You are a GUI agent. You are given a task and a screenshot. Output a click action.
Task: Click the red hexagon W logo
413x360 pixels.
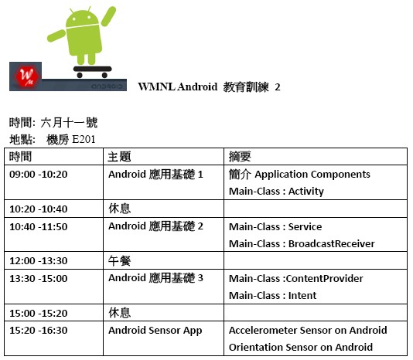[x=27, y=76]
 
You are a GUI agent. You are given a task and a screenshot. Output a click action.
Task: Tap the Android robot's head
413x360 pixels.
[x=82, y=19]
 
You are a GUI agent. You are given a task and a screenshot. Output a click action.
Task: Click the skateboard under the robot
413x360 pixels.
[x=92, y=72]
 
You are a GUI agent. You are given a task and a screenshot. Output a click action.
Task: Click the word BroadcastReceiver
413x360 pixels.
[x=332, y=243]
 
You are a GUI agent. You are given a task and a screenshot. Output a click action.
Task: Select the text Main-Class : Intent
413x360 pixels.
[x=272, y=296]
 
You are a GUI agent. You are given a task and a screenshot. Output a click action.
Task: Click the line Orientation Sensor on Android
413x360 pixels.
[x=301, y=348]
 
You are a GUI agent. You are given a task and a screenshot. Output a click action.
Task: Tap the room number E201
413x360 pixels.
[x=84, y=139]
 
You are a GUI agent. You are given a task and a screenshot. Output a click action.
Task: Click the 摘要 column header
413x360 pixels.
[x=240, y=157]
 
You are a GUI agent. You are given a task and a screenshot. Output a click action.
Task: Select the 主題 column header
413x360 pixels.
[x=119, y=157]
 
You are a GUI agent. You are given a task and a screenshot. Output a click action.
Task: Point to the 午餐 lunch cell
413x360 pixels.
[x=119, y=261]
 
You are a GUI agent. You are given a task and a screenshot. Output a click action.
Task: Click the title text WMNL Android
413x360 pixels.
[x=178, y=87]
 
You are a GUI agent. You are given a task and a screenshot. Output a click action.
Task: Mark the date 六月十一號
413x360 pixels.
[x=69, y=122]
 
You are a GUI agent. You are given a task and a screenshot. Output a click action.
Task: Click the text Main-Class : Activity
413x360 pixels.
[x=276, y=192]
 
